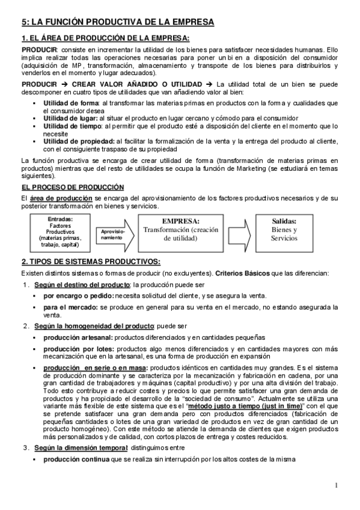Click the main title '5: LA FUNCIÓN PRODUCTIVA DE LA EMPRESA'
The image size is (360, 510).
(117, 22)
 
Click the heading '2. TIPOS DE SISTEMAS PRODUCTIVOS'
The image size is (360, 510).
(91, 262)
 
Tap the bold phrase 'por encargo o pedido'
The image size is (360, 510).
(78, 295)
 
